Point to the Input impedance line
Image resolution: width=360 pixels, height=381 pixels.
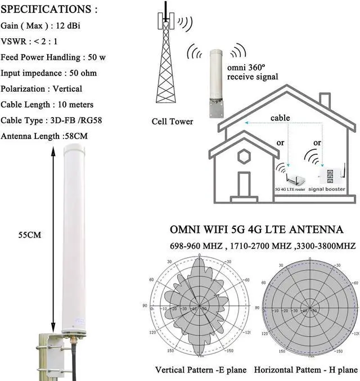point(49,73)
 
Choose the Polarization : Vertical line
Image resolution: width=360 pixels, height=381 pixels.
point(42,88)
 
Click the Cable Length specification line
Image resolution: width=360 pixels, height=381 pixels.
point(47,104)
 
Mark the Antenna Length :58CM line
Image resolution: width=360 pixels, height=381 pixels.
point(45,136)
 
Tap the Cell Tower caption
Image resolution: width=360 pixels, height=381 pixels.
point(172,122)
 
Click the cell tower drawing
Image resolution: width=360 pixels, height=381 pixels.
point(166,62)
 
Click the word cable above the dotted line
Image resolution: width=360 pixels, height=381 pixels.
point(280,119)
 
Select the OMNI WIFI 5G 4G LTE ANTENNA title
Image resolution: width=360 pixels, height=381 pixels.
point(256,230)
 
